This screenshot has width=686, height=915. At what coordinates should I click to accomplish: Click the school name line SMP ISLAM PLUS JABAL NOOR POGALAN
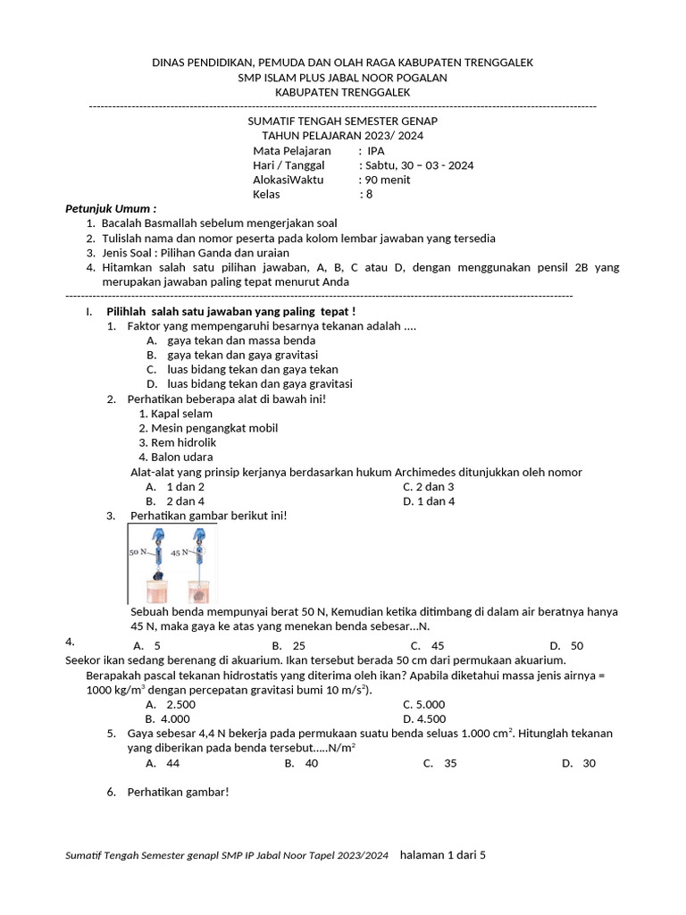coord(342,78)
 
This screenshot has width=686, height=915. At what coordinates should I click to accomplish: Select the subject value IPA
coord(375,151)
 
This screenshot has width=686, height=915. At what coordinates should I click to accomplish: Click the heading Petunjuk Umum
coord(111,208)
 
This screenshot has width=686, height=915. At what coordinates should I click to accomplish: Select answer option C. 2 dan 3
coord(429,487)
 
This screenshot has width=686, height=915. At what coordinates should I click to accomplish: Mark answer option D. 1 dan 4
coord(429,501)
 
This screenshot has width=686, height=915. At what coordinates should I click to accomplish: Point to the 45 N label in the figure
coord(181,552)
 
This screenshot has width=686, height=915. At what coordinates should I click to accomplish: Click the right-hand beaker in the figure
coord(200,591)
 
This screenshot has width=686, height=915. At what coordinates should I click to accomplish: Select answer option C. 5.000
coord(424,704)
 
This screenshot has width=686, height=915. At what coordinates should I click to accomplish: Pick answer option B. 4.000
coord(168,718)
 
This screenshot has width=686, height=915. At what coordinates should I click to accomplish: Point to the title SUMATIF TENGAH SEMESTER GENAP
coord(342,121)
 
